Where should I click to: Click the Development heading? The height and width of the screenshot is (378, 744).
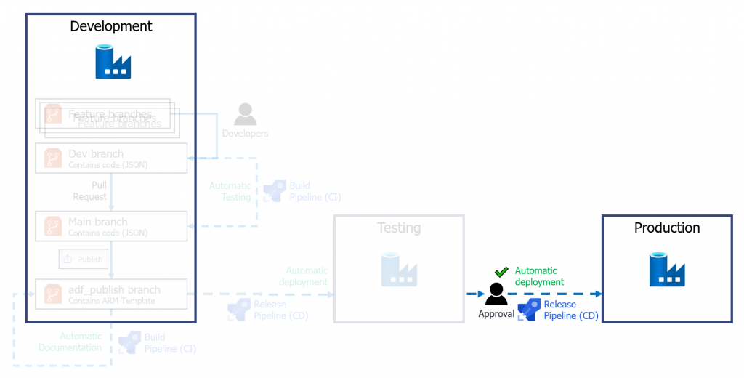[111, 27]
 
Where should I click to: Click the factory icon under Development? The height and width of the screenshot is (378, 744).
[113, 62]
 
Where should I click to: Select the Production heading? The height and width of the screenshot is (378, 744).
[667, 228]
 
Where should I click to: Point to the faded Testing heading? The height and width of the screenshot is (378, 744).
[399, 228]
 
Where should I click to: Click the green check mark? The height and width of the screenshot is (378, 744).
[501, 272]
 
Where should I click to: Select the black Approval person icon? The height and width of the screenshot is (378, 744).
[496, 294]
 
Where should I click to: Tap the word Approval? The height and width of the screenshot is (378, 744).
[496, 314]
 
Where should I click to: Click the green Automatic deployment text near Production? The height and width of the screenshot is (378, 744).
[539, 276]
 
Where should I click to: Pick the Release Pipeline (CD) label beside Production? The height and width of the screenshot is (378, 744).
[570, 310]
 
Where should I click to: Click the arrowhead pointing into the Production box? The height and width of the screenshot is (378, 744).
[598, 294]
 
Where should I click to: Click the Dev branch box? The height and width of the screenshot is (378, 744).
[111, 158]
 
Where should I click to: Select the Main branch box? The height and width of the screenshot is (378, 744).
[111, 226]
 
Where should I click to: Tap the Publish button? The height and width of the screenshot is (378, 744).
[83, 259]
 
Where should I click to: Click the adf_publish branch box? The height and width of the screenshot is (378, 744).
[111, 294]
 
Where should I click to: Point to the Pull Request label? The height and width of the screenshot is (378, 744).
[90, 191]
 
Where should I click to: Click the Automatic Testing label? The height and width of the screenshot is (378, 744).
[230, 191]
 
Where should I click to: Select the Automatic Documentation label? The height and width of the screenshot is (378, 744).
[70, 342]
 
